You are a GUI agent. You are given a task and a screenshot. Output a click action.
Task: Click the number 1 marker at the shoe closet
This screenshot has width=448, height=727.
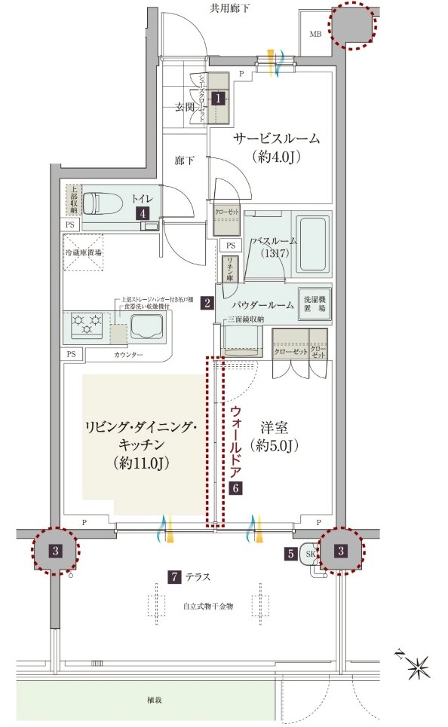point(218,97)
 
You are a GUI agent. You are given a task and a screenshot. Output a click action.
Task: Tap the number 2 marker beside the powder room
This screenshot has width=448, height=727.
point(206,304)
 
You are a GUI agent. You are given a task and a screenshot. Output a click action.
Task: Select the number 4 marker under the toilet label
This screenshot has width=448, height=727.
point(142,213)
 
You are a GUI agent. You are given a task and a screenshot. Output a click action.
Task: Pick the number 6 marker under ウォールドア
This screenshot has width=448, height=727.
point(235,487)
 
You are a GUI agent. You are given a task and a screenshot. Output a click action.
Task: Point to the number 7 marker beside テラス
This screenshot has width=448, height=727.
point(174,578)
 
